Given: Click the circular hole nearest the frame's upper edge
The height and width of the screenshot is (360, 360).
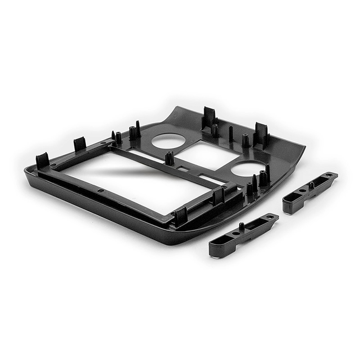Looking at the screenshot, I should tap(168, 141).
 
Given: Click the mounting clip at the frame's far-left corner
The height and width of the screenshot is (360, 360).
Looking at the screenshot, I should tap(42, 161).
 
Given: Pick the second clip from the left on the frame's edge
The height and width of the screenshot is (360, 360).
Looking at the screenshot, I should tap(80, 144).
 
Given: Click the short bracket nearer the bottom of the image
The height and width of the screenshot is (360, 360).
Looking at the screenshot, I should tap(243, 234).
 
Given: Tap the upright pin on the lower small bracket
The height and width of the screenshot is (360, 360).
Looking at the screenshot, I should tap(242, 226).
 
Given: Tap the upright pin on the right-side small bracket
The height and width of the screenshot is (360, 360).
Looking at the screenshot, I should tap(311, 185).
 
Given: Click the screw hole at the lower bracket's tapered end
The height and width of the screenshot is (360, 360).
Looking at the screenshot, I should tap(270, 217).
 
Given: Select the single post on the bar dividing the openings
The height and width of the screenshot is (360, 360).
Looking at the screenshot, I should tap(170, 158).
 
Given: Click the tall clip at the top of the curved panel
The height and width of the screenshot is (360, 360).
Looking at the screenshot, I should tap(209, 117).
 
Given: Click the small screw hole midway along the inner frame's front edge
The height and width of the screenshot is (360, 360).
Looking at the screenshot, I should tap(101, 191).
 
